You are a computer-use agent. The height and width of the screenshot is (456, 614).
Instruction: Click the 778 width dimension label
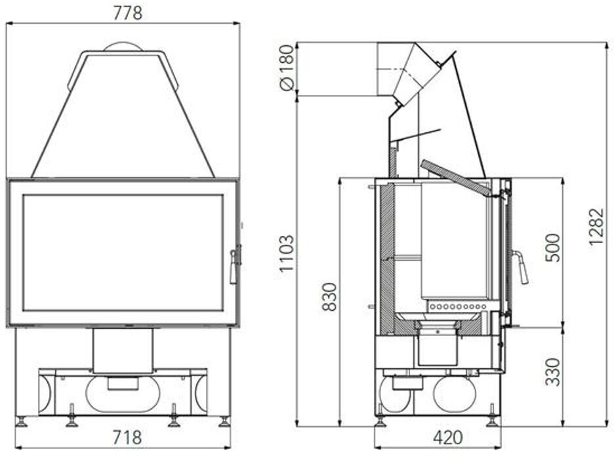pos(128,13)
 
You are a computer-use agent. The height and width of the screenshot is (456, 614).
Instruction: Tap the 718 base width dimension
pos(127,437)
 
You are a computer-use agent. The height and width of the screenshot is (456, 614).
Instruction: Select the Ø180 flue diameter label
pos(287,67)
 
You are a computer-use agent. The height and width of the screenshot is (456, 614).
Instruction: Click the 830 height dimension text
pos(329,297)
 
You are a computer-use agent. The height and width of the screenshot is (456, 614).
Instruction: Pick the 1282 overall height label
pos(597,227)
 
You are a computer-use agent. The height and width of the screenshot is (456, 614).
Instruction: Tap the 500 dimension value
pos(553,248)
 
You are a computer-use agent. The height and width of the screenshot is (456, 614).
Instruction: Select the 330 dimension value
pos(553,371)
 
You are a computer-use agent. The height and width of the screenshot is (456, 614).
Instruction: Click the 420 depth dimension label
pos(448,438)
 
